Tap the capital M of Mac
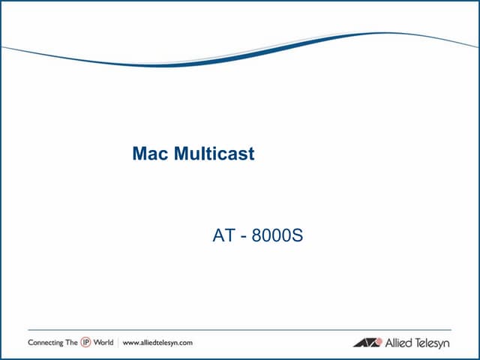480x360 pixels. tap(139, 154)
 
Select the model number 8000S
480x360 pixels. tap(277, 236)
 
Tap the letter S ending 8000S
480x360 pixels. tap(298, 236)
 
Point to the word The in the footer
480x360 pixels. tap(71, 342)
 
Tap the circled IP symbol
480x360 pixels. tap(85, 342)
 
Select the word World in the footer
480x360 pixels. tap(103, 342)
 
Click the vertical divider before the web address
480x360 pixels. tap(118, 342)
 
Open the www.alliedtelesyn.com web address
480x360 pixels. tap(157, 342)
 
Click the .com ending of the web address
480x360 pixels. tap(185, 342)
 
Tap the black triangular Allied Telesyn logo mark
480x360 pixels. tap(367, 343)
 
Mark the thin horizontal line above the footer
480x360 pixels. tap(240, 330)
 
